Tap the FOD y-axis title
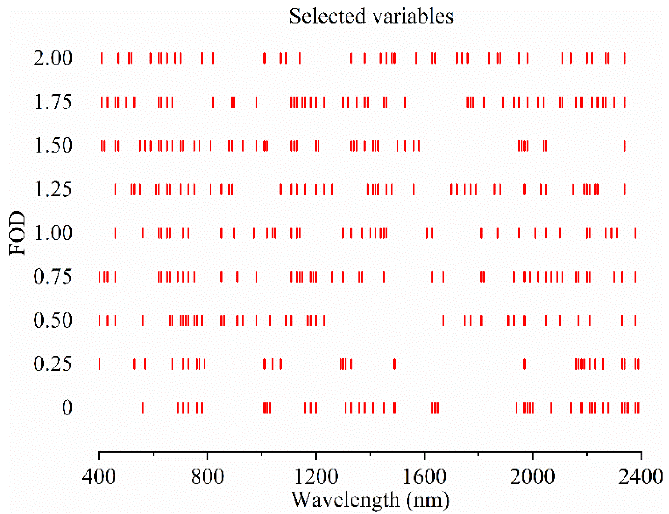click(x=17, y=233)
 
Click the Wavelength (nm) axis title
click(x=370, y=500)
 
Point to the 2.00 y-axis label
click(x=53, y=58)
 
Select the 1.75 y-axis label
click(x=53, y=102)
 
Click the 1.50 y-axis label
click(x=53, y=146)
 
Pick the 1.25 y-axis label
click(x=53, y=189)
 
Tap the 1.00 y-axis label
click(x=53, y=233)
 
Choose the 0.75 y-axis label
click(x=53, y=276)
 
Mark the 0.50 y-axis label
click(x=53, y=320)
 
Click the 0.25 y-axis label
click(x=53, y=364)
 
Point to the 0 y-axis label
click(x=67, y=407)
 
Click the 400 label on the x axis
click(x=99, y=477)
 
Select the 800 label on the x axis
click(x=207, y=477)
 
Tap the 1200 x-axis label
click(x=316, y=477)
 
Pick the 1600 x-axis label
click(x=424, y=477)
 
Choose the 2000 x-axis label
click(x=532, y=477)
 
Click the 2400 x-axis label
click(x=640, y=477)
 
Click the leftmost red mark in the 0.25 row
click(x=100, y=364)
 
